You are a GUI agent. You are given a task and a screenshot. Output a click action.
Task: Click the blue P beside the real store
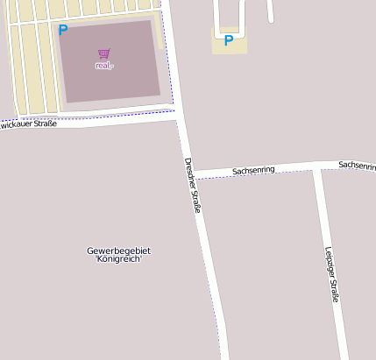point(62,30)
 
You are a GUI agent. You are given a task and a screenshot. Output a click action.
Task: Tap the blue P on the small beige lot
point(229,40)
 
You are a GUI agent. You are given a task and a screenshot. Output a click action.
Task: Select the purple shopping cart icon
point(104,54)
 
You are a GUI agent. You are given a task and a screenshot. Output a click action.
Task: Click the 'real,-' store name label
point(105,66)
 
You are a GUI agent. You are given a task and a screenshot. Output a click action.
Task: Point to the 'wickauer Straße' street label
point(29,124)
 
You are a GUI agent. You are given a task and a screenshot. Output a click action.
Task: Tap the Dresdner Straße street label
point(194,185)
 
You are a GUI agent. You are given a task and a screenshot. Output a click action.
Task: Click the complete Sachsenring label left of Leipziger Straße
point(253,169)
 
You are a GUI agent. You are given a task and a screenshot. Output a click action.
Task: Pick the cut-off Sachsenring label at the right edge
point(357,165)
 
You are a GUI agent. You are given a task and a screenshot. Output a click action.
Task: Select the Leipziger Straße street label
point(330,274)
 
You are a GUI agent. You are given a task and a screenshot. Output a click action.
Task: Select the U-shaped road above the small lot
point(229,18)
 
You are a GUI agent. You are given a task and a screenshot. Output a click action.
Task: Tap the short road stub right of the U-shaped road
point(270,11)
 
